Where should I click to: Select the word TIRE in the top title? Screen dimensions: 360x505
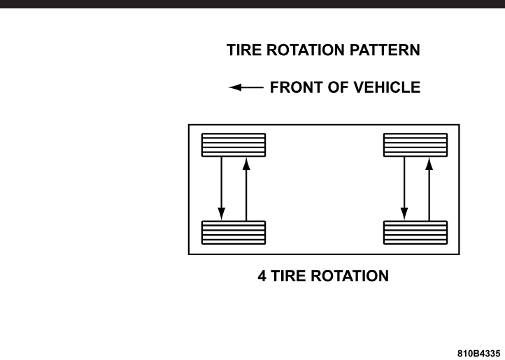(243, 50)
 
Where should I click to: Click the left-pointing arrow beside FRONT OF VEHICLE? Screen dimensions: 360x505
(246, 87)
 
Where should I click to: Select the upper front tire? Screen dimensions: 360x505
(234, 145)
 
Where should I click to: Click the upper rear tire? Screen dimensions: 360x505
(415, 145)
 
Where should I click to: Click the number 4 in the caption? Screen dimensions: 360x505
(262, 275)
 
